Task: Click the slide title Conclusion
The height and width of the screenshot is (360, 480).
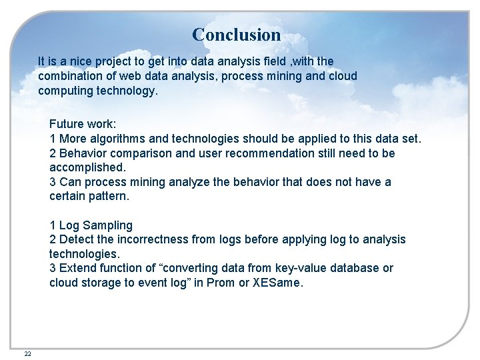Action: coord(236,34)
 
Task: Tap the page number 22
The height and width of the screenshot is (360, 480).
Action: coord(27,353)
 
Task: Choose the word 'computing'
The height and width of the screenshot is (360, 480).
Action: coord(65,91)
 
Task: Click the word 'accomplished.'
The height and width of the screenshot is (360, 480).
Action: coord(87,167)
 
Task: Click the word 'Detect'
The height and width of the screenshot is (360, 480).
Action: coord(76,239)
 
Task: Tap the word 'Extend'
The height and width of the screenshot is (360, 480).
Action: coord(77,268)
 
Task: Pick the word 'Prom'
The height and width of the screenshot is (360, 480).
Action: coord(222,283)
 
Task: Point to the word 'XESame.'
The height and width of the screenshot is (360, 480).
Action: coord(278,283)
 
